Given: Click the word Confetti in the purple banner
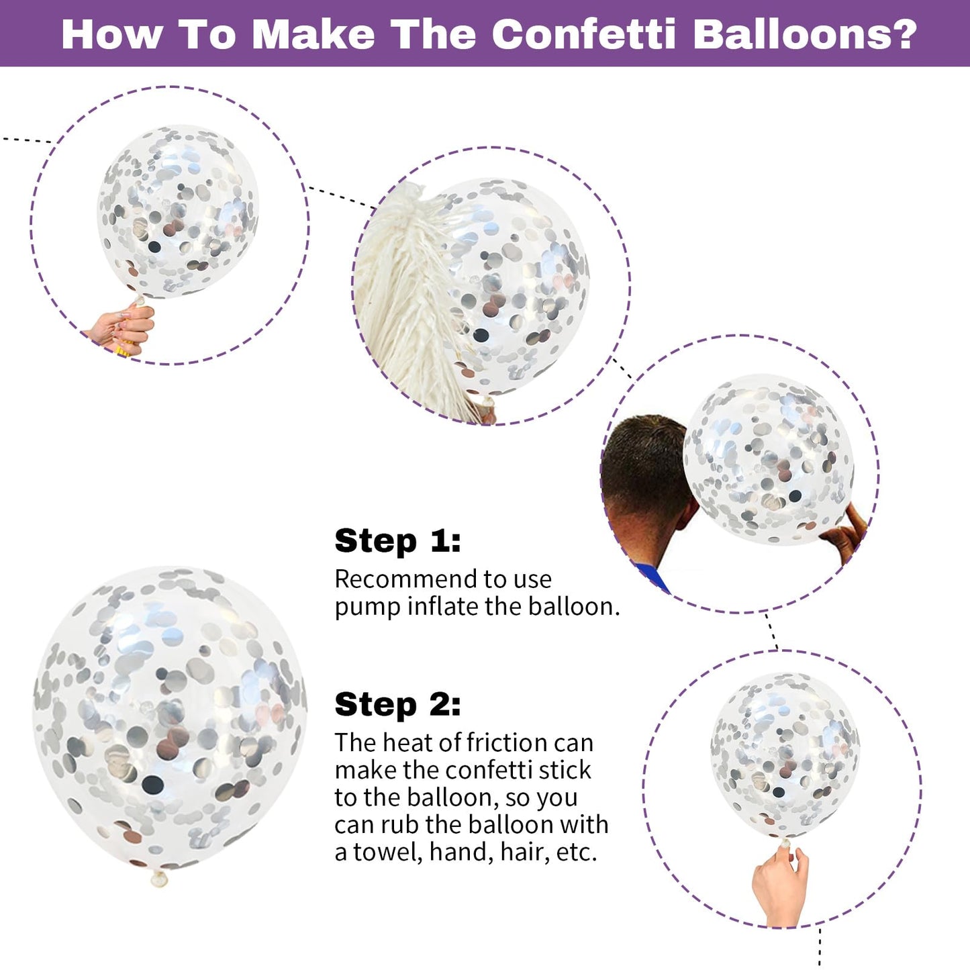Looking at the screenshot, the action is tap(583, 34).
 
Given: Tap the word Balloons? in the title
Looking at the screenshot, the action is tap(804, 34).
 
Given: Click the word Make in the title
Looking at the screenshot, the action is tap(313, 34).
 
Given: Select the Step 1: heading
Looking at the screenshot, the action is tap(397, 541).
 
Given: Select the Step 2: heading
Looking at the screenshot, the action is tap(397, 704).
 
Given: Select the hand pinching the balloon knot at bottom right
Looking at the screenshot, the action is tap(779, 887).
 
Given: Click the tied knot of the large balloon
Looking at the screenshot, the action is tap(159, 879).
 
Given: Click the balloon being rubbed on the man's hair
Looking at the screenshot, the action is tap(768, 459).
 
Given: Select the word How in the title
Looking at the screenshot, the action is tap(112, 34).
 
